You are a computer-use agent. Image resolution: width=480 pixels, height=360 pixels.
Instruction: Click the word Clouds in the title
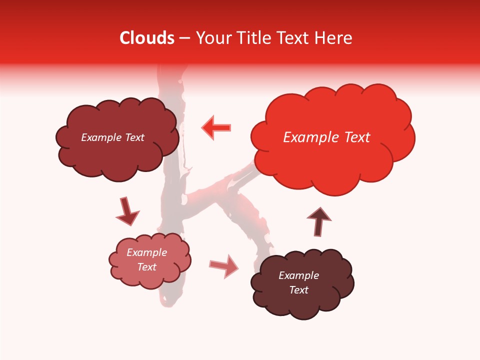tap(147, 38)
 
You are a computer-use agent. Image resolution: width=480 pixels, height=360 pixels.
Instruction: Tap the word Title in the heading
tap(253, 38)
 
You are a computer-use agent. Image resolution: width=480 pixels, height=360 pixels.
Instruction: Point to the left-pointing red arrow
tap(216, 127)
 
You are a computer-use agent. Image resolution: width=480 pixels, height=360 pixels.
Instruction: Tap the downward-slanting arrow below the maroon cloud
tap(127, 211)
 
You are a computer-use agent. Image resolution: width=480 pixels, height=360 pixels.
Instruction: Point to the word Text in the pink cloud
tap(147, 267)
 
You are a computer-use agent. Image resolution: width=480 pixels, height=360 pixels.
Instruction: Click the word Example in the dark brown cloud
tap(298, 275)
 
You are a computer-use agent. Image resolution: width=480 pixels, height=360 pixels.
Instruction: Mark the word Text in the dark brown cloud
tap(298, 290)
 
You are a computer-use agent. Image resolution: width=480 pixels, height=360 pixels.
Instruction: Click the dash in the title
tap(184, 38)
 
